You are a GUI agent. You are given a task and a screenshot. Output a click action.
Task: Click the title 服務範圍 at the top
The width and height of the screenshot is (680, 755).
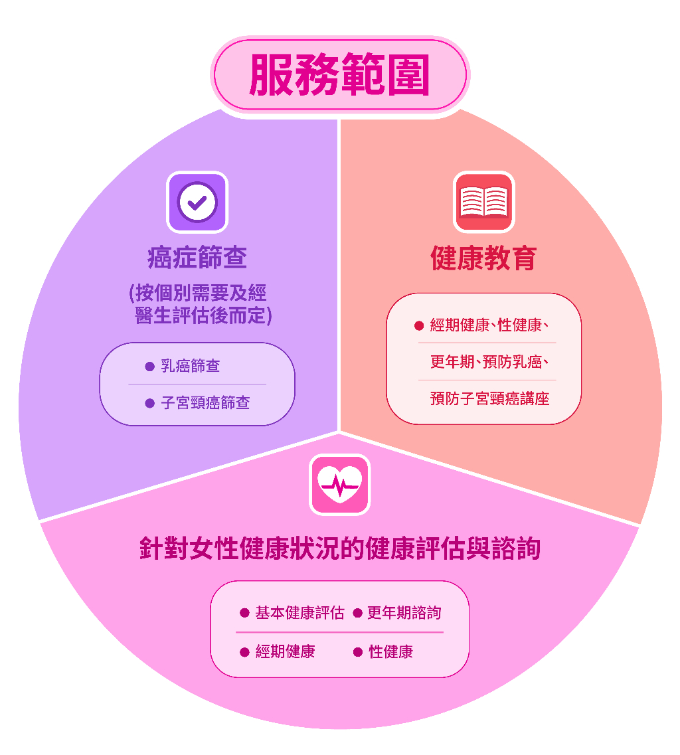point(339,74)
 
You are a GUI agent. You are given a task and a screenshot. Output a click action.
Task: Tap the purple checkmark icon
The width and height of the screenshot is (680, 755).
point(197,203)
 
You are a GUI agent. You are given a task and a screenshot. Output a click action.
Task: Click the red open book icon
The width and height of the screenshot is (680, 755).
point(484,203)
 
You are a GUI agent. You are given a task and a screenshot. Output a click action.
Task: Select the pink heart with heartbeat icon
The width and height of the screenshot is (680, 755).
point(339,484)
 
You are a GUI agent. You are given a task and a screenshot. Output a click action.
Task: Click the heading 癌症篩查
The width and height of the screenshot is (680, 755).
point(197,257)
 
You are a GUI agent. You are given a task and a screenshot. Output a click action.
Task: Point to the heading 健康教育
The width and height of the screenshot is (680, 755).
point(483,258)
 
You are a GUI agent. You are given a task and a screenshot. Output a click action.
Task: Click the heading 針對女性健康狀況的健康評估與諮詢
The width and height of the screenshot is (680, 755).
point(340,548)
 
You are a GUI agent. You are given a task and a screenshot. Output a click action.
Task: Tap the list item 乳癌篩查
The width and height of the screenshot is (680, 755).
point(190,366)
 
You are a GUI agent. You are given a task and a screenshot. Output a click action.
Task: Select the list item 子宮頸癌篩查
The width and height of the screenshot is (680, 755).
point(205,402)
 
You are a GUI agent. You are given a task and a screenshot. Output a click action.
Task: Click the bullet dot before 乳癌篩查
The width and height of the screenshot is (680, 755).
point(150,367)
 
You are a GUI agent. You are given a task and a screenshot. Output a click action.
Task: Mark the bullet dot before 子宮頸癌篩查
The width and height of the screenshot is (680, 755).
point(150,403)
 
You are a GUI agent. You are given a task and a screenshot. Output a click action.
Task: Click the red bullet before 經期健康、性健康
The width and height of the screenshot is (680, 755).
point(419,326)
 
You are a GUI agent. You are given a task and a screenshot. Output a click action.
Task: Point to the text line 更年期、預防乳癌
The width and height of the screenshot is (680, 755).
point(489,362)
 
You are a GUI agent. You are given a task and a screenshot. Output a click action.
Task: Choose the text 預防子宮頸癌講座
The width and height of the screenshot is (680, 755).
point(490,398)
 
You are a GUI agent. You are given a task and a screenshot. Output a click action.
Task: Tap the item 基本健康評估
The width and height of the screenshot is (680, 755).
point(299,612)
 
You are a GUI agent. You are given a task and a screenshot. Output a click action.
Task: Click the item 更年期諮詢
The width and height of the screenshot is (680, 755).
point(404,612)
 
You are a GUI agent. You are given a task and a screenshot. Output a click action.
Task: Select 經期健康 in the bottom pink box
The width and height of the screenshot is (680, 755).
point(285,651)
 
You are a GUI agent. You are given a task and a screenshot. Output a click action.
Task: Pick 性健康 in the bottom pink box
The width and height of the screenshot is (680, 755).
point(390,651)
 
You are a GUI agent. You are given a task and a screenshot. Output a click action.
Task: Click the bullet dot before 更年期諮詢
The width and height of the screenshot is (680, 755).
point(357,613)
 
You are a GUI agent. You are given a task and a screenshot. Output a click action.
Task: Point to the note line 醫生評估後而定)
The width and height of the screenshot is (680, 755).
point(203,316)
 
